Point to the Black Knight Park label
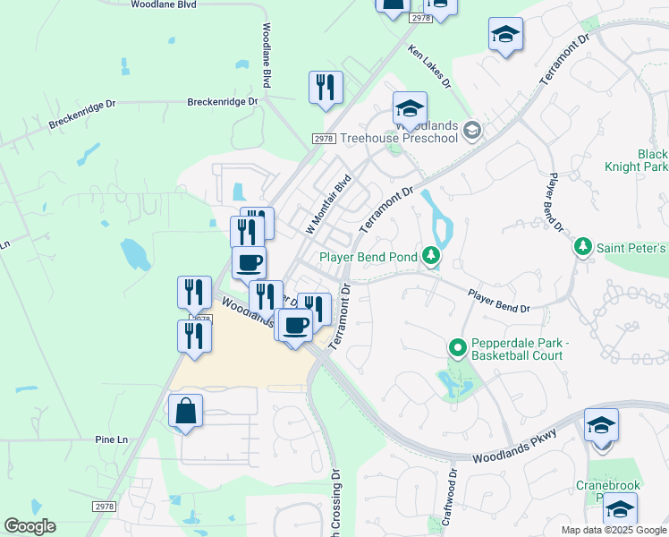[x=653, y=161]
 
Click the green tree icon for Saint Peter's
[x=583, y=246]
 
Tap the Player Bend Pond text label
[x=368, y=258]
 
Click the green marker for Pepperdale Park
[x=458, y=346]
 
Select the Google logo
[x=30, y=526]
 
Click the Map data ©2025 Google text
[x=614, y=530]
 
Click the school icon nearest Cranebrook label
[x=620, y=511]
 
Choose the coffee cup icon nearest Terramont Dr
[x=294, y=325]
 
